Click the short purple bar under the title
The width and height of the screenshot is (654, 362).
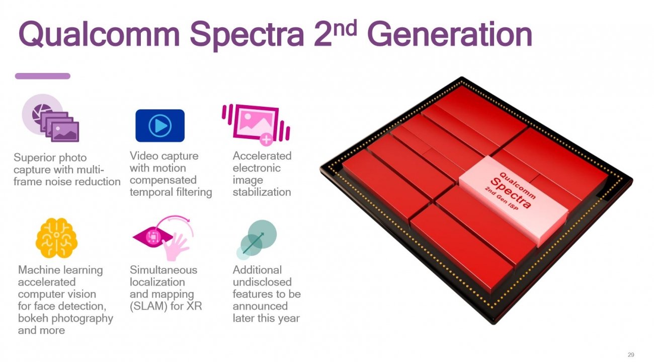(x=43, y=76)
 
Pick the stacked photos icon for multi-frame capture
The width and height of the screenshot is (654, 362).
(x=51, y=119)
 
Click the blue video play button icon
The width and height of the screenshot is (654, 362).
(x=160, y=125)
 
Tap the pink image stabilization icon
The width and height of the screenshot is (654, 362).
(x=256, y=122)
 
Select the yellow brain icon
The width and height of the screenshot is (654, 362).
(x=56, y=238)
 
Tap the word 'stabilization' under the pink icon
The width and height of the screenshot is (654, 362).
(x=262, y=192)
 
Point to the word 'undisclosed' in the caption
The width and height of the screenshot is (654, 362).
(x=262, y=282)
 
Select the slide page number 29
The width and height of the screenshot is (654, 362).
(x=631, y=354)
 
